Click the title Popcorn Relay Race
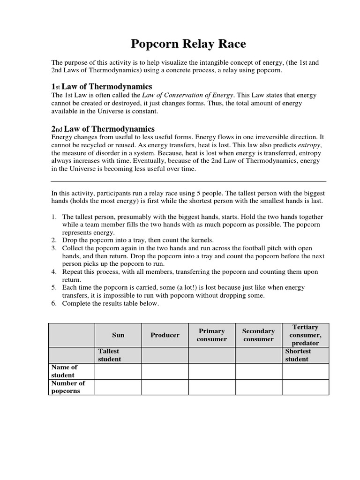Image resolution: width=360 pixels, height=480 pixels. click(x=188, y=45)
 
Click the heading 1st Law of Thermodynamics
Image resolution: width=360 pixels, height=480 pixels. click(x=102, y=87)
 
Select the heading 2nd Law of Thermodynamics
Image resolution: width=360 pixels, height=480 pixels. click(x=103, y=129)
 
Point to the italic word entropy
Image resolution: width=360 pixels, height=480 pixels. click(x=310, y=145)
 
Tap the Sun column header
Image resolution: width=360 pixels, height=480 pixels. click(x=118, y=335)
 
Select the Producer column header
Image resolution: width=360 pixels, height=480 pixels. click(x=165, y=335)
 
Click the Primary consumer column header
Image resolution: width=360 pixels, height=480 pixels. click(x=212, y=335)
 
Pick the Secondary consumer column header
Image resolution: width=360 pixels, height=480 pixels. click(x=258, y=335)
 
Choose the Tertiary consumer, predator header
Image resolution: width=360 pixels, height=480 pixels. click(x=305, y=335)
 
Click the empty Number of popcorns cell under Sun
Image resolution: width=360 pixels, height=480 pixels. click(x=118, y=387)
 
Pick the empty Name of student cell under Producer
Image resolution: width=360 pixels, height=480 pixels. click(x=165, y=371)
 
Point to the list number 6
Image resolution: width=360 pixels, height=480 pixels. click(x=54, y=303)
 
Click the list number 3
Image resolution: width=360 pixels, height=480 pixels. click(x=54, y=248)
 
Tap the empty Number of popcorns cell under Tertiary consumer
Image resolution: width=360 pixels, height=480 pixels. click(x=305, y=387)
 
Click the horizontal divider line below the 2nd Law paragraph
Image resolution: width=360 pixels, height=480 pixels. click(x=188, y=181)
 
